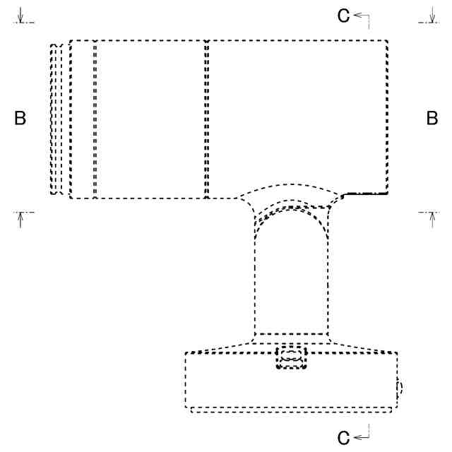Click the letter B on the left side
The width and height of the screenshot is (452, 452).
point(20,119)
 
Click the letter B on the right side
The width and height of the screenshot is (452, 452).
point(432,119)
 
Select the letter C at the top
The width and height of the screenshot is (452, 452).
point(343,16)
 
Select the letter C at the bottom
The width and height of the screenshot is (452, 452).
point(343,439)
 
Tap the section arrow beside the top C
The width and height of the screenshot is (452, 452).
point(362,16)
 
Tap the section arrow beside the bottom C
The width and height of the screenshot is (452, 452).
point(362,438)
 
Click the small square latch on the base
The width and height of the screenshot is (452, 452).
point(292,358)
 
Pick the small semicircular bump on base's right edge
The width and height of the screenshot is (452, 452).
point(400,387)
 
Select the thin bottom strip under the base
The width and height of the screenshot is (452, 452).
point(291,410)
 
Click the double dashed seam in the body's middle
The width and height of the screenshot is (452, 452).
point(206,119)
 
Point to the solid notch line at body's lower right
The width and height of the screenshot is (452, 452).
point(364,193)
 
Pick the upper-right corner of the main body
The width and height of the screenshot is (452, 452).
point(387,41)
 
